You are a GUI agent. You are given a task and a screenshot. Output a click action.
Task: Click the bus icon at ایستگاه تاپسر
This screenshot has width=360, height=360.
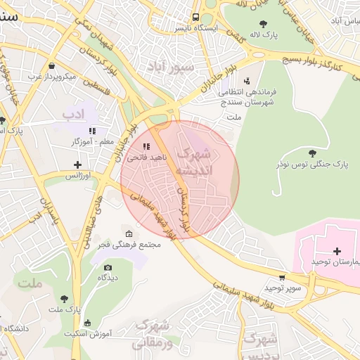[x=196, y=18]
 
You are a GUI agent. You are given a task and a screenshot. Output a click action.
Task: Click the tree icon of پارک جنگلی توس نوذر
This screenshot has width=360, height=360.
[x=312, y=153]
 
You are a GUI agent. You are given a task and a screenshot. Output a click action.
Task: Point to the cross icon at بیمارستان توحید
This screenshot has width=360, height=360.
[x=337, y=251]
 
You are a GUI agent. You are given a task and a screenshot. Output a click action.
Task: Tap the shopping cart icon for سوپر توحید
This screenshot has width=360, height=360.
[x=282, y=278]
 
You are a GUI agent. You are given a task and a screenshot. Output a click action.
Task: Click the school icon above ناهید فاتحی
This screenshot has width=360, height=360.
[x=146, y=146]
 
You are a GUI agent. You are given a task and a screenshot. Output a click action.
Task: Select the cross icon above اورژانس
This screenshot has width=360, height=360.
[x=77, y=165]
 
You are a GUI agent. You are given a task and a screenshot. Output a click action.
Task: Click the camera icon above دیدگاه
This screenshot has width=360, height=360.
[x=108, y=267]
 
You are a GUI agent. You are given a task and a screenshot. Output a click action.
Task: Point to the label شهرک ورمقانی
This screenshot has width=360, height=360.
[x=153, y=334]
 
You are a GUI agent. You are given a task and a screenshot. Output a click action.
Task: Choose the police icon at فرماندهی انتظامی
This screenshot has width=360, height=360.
[x=246, y=82]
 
